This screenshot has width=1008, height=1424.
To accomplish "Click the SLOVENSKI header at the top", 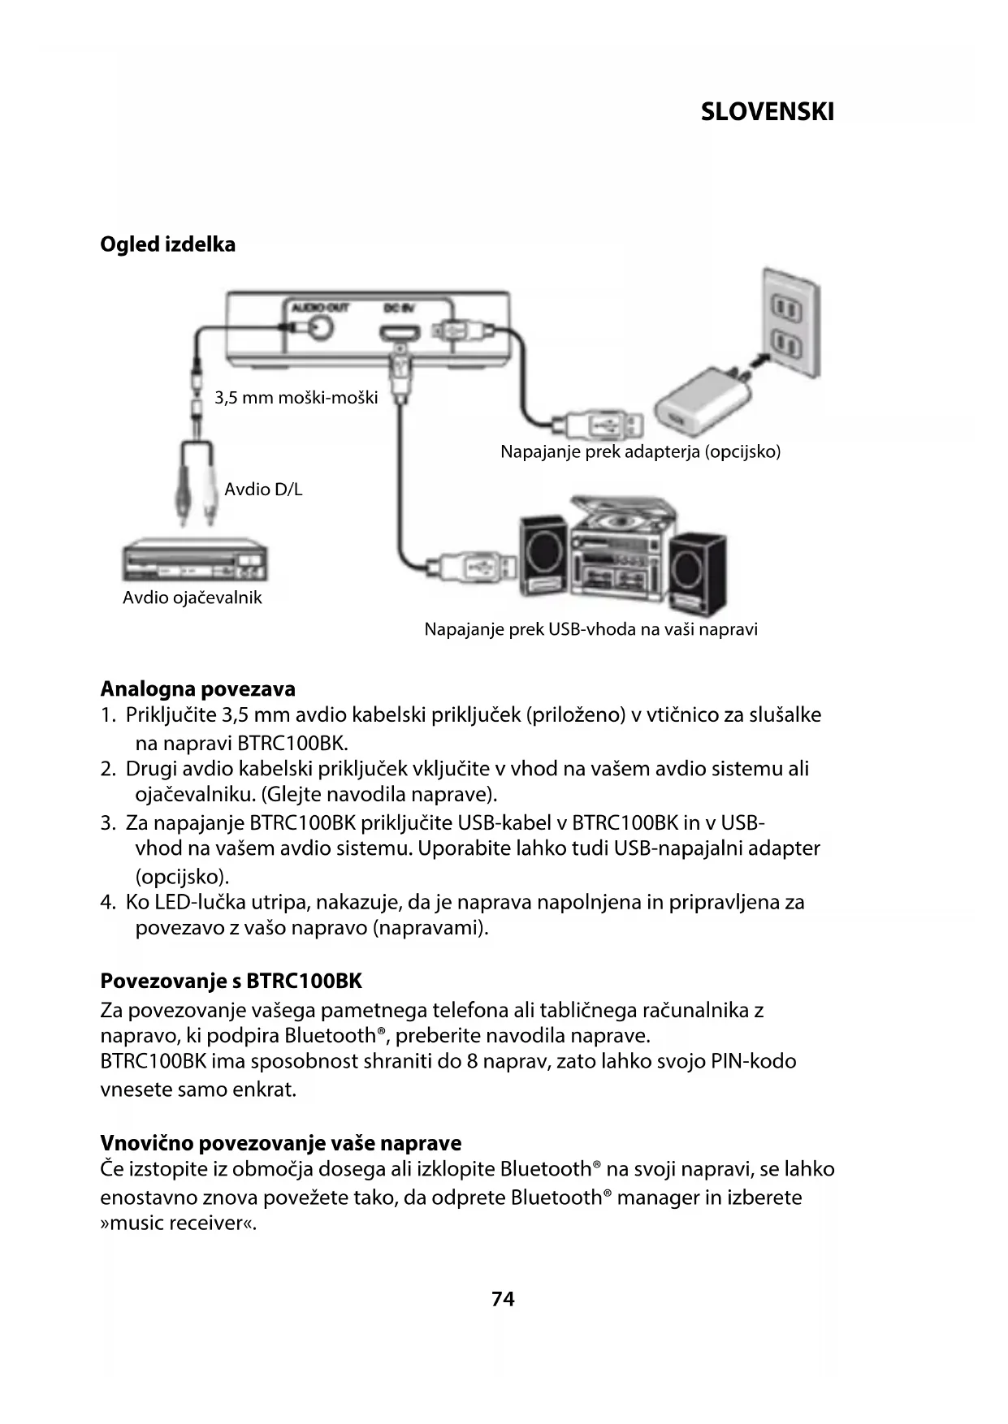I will coord(767,112).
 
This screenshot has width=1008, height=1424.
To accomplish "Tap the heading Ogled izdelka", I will coord(167,244).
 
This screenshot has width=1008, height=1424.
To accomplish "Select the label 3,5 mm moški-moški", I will coord(296,398).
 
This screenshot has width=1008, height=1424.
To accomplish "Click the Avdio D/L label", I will coord(263,490).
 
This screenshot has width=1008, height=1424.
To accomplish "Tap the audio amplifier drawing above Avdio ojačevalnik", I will coord(195,561).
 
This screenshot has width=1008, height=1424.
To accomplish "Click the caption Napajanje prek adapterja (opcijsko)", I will coord(640,451).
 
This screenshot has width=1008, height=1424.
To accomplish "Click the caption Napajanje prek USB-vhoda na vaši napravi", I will coord(591,629).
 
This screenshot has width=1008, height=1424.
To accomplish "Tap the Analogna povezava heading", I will coord(197,689).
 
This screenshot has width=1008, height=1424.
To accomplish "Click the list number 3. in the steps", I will coord(108,823).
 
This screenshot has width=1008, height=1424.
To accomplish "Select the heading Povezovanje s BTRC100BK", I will coord(231,981).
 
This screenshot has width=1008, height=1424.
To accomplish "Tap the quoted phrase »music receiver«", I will coord(178,1223).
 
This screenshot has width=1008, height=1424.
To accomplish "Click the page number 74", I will coord(503,1299).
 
